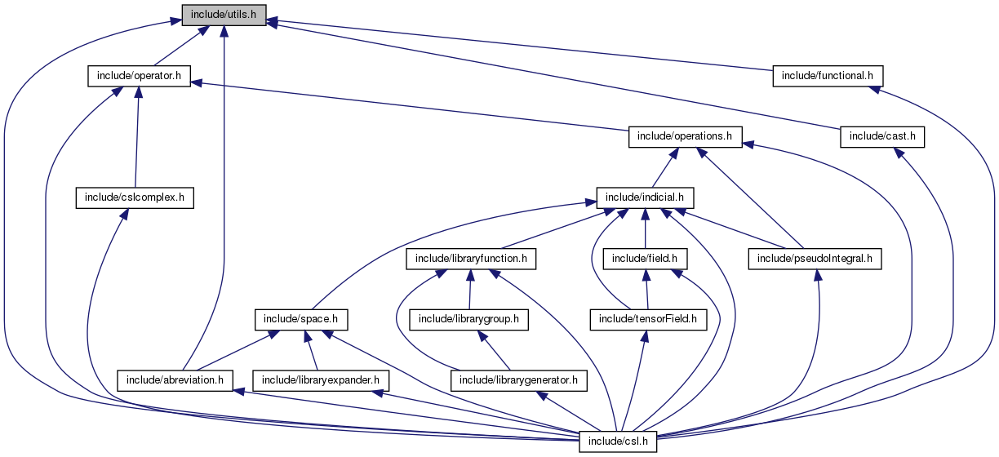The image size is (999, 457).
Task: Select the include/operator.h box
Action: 139,76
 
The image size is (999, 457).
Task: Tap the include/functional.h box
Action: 828,76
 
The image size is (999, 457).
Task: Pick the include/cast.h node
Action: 881,137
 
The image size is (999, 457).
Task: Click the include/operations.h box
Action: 684,137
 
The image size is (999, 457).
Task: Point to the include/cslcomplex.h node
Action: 135,197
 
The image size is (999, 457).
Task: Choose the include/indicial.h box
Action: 645,197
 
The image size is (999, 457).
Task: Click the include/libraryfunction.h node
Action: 471,259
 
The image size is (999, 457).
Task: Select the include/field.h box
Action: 645,259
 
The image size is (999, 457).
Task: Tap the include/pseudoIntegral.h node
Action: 815,259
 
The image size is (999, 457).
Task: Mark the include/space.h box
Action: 301,319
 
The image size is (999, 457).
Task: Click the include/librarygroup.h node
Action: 468,319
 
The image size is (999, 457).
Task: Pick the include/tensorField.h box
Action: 648,319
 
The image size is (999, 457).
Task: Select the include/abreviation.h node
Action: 175,380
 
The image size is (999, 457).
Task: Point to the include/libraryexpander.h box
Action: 321,380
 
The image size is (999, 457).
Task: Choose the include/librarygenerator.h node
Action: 518,380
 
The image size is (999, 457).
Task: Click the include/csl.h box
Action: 618,441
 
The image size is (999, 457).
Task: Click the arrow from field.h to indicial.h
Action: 645,228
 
